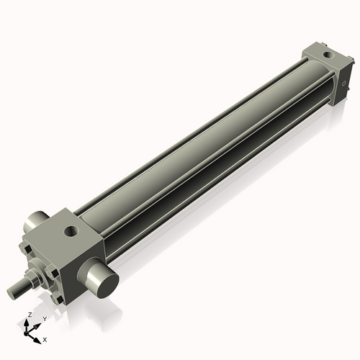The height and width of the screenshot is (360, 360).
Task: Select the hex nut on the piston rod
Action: pos(32,277)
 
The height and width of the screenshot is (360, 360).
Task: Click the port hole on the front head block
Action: pos(71,231)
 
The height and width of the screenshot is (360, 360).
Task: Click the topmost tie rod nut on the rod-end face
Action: pos(28,248)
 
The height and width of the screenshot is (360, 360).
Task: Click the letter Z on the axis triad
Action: pos(28,315)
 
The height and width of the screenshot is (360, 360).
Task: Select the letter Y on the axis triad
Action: pos(44,319)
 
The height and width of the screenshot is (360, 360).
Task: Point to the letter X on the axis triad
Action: pos(45,338)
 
